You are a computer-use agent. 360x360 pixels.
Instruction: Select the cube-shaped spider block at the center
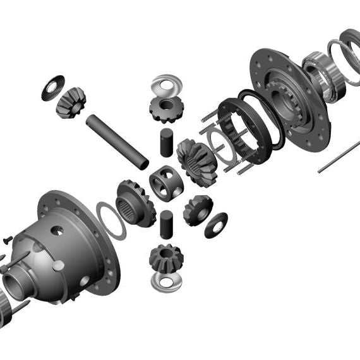166,183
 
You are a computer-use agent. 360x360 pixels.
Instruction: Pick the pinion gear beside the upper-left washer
70,102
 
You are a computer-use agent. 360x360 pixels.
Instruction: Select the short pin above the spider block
165,142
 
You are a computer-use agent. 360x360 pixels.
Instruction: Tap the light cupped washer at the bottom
167,282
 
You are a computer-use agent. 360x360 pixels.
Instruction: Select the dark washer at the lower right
216,224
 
